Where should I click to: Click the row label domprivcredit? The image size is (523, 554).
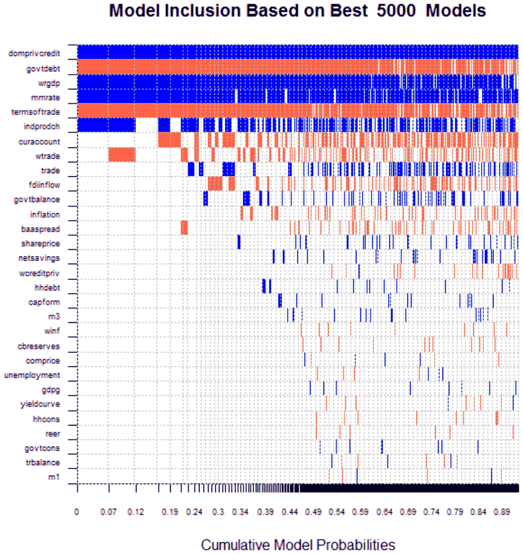coord(34,53)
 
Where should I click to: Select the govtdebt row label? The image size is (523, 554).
coord(43,69)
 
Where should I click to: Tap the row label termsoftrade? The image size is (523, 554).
coord(36,112)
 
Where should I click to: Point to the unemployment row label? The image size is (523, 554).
coord(32,375)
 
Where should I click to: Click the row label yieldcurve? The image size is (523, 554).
coord(40,404)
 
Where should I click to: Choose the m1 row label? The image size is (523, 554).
coord(54,477)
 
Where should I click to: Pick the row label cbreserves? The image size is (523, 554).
coord(39,346)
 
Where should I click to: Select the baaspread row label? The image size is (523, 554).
coord(41,229)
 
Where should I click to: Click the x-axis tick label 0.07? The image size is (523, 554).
coord(109,512)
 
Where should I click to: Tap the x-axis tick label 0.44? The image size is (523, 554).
coord(290,512)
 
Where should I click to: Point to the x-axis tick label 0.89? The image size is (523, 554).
coord(502,512)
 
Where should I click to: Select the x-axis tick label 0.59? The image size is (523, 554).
coord(360,512)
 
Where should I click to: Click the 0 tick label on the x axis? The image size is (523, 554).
coord(77,512)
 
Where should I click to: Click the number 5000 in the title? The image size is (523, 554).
coord(396,11)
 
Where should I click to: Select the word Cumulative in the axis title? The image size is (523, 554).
coord(235,545)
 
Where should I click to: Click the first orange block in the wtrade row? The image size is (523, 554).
coord(122,155)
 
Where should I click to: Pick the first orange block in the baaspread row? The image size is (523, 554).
coord(184,227)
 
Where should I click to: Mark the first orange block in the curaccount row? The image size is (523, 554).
coord(169,140)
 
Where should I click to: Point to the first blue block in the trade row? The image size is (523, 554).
coord(191,169)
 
